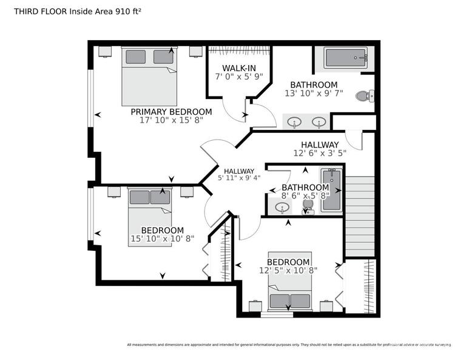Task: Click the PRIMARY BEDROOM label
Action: pyautogui.click(x=171, y=112)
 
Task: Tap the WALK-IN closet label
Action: pyautogui.click(x=238, y=67)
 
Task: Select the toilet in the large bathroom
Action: pyautogui.click(x=365, y=95)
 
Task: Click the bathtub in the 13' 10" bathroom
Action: pyautogui.click(x=345, y=59)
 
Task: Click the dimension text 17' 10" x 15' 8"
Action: pyautogui.click(x=171, y=121)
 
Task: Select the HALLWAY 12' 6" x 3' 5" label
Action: pyautogui.click(x=320, y=144)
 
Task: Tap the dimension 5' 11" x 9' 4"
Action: pyautogui.click(x=238, y=178)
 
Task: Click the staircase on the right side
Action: pyautogui.click(x=360, y=216)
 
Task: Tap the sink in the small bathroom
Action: pyautogui.click(x=282, y=208)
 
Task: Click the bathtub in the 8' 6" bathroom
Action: pyautogui.click(x=332, y=190)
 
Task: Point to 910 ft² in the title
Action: pyautogui.click(x=132, y=11)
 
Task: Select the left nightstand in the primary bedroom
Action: pyautogui.click(x=104, y=51)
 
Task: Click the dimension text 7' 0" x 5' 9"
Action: pyautogui.click(x=238, y=76)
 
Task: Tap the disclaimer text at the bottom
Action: pyautogui.click(x=289, y=345)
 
